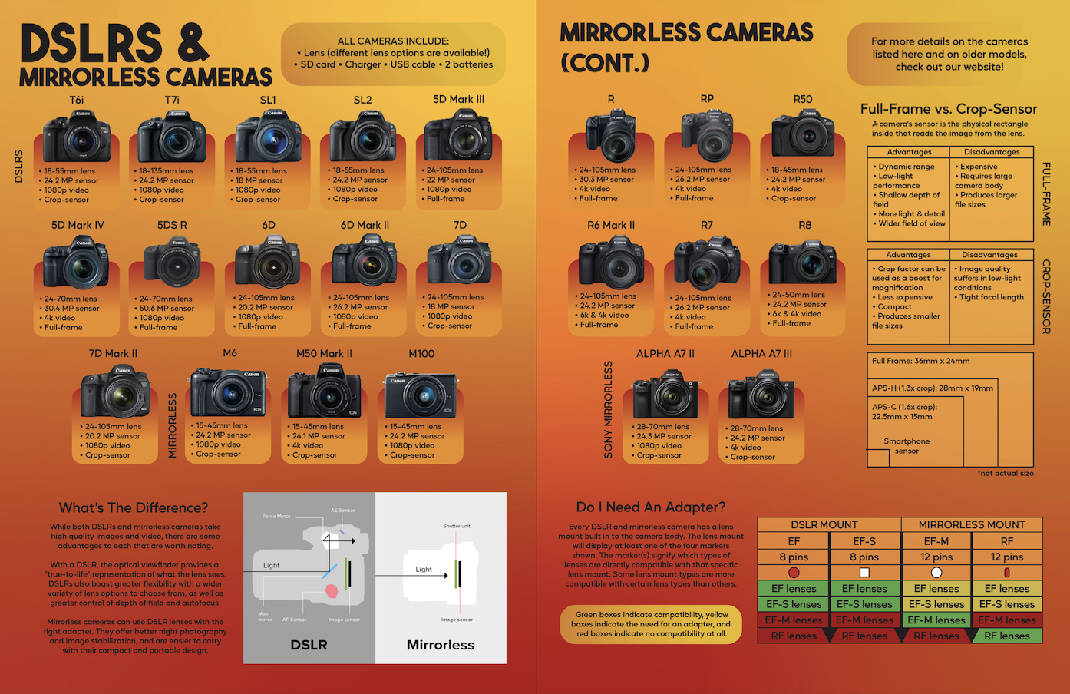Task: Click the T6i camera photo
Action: click(77, 137)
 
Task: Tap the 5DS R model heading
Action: click(172, 225)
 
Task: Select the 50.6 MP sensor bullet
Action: click(167, 309)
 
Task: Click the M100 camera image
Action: click(421, 394)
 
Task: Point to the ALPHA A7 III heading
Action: click(761, 353)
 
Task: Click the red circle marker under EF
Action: click(794, 573)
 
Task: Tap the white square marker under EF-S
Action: click(864, 573)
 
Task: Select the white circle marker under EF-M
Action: click(936, 573)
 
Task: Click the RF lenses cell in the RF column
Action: click(1007, 636)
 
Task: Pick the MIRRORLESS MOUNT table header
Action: click(972, 525)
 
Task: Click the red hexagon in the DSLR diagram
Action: click(332, 591)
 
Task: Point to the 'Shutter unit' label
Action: click(457, 526)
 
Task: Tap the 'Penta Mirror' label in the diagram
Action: click(276, 516)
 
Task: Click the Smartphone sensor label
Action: click(907, 446)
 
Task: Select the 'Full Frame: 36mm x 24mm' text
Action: click(920, 361)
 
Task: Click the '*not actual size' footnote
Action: click(1005, 474)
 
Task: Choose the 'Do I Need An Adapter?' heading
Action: click(650, 507)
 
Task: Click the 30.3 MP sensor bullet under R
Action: click(606, 180)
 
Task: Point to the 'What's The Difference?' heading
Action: click(134, 507)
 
